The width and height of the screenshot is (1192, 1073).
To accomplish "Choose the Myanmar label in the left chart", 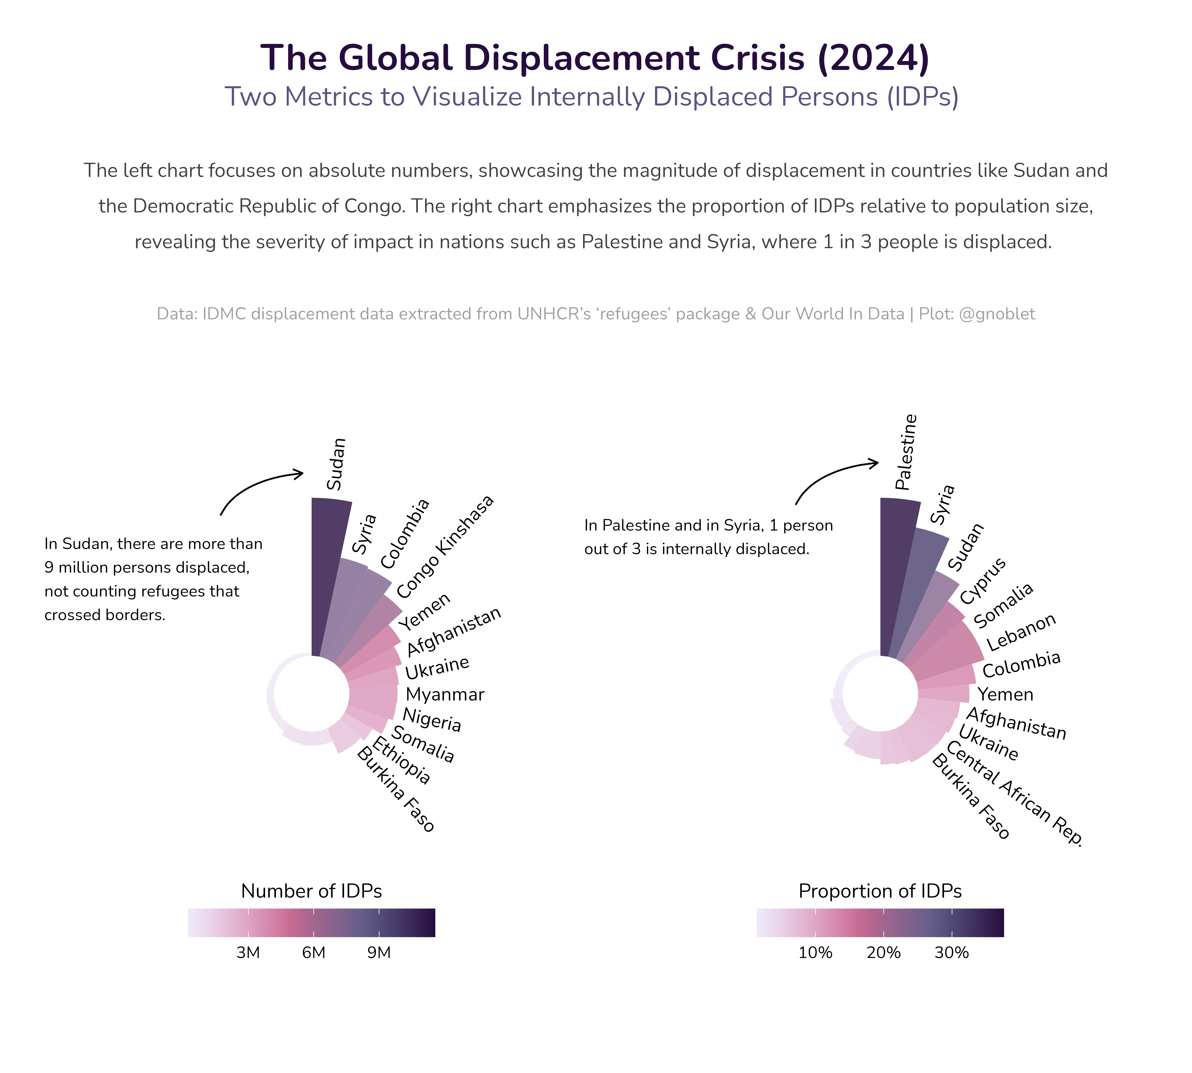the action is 445,694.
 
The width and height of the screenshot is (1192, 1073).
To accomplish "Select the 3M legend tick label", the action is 248,953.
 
